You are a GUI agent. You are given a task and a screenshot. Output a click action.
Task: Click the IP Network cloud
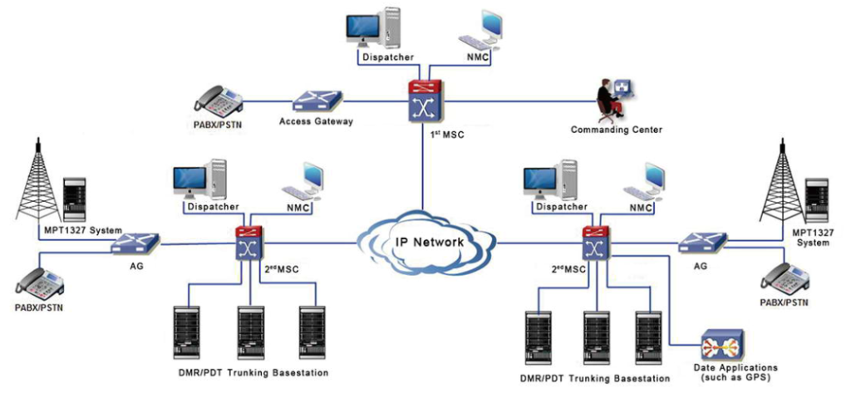click(x=425, y=242)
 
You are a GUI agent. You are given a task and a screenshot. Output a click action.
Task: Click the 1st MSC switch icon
click(x=423, y=103)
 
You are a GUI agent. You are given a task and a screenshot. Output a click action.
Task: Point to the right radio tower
click(x=782, y=182)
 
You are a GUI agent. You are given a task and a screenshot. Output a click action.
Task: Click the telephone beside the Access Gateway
click(x=217, y=101)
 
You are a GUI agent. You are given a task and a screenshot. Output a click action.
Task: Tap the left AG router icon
click(x=135, y=243)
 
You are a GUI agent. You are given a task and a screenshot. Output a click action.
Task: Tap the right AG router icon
click(x=700, y=243)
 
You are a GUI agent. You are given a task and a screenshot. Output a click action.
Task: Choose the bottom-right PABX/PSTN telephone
click(x=785, y=278)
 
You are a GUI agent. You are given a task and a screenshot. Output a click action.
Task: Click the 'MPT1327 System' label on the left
click(x=83, y=230)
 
